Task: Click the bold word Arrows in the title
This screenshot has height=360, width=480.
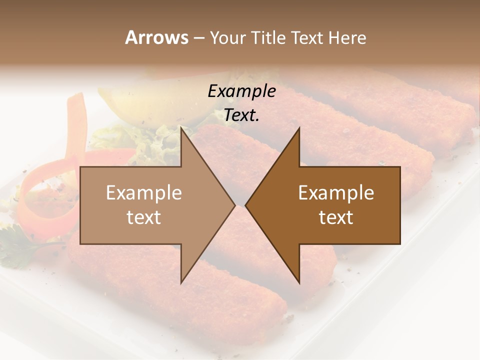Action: (x=156, y=37)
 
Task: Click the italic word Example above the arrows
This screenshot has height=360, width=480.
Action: (x=241, y=91)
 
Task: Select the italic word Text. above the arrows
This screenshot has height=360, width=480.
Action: (x=241, y=115)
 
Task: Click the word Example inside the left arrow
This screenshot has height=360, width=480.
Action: (x=144, y=193)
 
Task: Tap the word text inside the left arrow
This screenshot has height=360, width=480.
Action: (x=144, y=217)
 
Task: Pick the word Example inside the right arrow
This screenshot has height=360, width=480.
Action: (x=336, y=193)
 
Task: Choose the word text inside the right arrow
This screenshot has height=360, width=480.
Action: (x=336, y=217)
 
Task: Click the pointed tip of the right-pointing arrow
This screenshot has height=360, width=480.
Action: (x=234, y=205)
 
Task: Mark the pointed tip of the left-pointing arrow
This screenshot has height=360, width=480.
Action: (x=246, y=205)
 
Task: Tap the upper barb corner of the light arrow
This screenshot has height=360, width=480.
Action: (x=181, y=128)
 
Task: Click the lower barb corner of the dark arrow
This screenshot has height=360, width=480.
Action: (x=299, y=283)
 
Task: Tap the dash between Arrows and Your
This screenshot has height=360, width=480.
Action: (x=198, y=38)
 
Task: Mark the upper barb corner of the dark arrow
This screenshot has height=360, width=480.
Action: (x=299, y=128)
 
